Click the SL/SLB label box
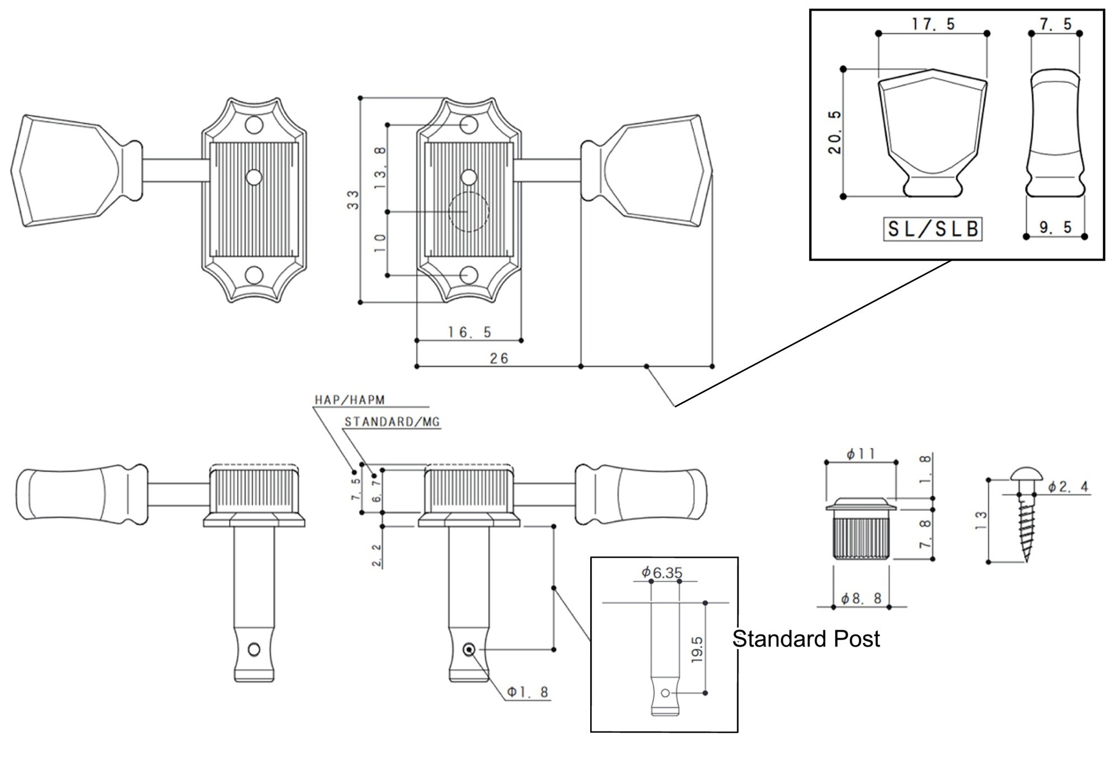[x=933, y=229]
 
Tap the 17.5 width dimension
[x=933, y=24]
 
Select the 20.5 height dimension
[x=835, y=132]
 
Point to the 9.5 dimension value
[x=1055, y=227]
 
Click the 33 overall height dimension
[x=353, y=200]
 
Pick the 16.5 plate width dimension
[x=469, y=332]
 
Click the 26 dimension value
[x=499, y=359]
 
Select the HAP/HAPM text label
[x=350, y=400]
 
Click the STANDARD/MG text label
[x=392, y=422]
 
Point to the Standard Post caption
[x=806, y=639]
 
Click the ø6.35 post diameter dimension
[x=662, y=573]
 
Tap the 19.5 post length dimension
[x=697, y=649]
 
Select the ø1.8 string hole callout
[x=528, y=692]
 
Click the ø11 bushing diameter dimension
[x=861, y=454]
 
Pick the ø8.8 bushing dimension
[x=862, y=598]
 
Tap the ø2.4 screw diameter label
[x=1068, y=487]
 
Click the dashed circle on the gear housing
[x=469, y=212]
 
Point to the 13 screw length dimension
[x=981, y=522]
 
